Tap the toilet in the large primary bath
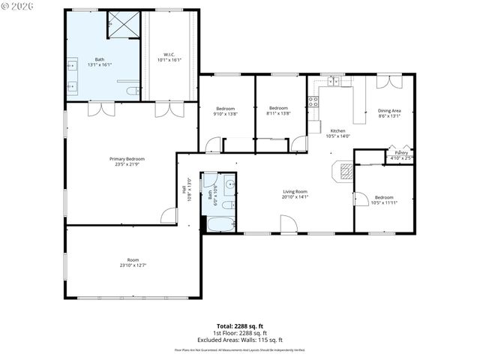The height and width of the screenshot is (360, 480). tap(132, 91)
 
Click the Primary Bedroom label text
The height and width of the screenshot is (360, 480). tap(127, 159)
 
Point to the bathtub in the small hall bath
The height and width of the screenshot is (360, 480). tap(220, 223)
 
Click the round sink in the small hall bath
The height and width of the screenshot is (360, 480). tap(229, 184)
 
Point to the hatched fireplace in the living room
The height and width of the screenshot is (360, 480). tap(344, 172)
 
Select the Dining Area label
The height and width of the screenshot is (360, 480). tap(389, 110)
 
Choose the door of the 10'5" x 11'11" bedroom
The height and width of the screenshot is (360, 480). tap(360, 199)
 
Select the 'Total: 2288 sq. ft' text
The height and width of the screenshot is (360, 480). tap(239, 325)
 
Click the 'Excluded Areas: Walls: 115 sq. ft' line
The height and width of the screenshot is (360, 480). tap(239, 338)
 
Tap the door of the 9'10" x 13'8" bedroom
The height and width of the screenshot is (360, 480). tap(213, 145)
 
